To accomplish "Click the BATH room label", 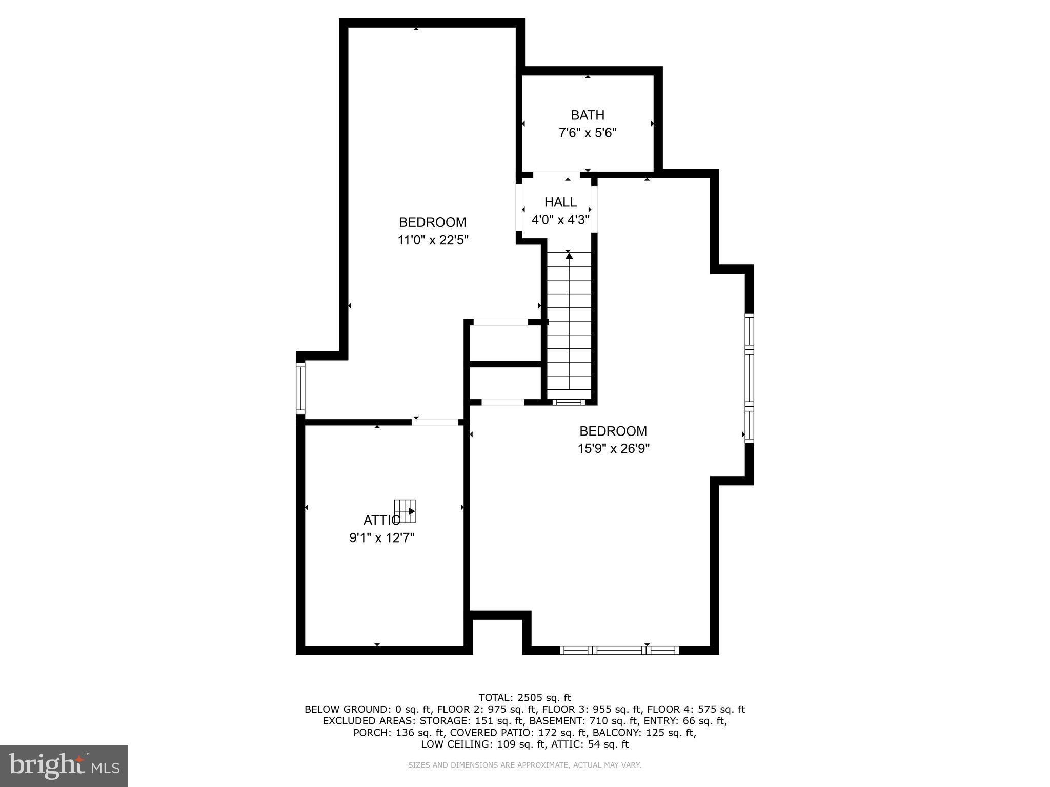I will (x=588, y=115).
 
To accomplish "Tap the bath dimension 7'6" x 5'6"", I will (x=588, y=133).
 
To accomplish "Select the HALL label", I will (x=560, y=202).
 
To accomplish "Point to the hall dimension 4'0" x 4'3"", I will (x=560, y=220).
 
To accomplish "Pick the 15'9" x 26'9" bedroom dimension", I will (x=614, y=449).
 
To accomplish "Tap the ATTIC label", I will (x=381, y=521).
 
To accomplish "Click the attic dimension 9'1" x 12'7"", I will (x=382, y=538).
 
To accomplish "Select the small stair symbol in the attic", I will (x=405, y=511).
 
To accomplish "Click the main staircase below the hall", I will (x=569, y=328).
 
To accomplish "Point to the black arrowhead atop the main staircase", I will (x=569, y=256).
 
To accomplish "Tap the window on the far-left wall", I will (x=300, y=388).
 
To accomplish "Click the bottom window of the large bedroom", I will (x=619, y=650).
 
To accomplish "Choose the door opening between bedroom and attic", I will (x=435, y=422).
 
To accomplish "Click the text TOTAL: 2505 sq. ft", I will (x=524, y=697).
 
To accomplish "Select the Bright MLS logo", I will (x=64, y=765).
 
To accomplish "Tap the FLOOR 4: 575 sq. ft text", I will (x=695, y=710).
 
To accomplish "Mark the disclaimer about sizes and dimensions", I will (x=524, y=765).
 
